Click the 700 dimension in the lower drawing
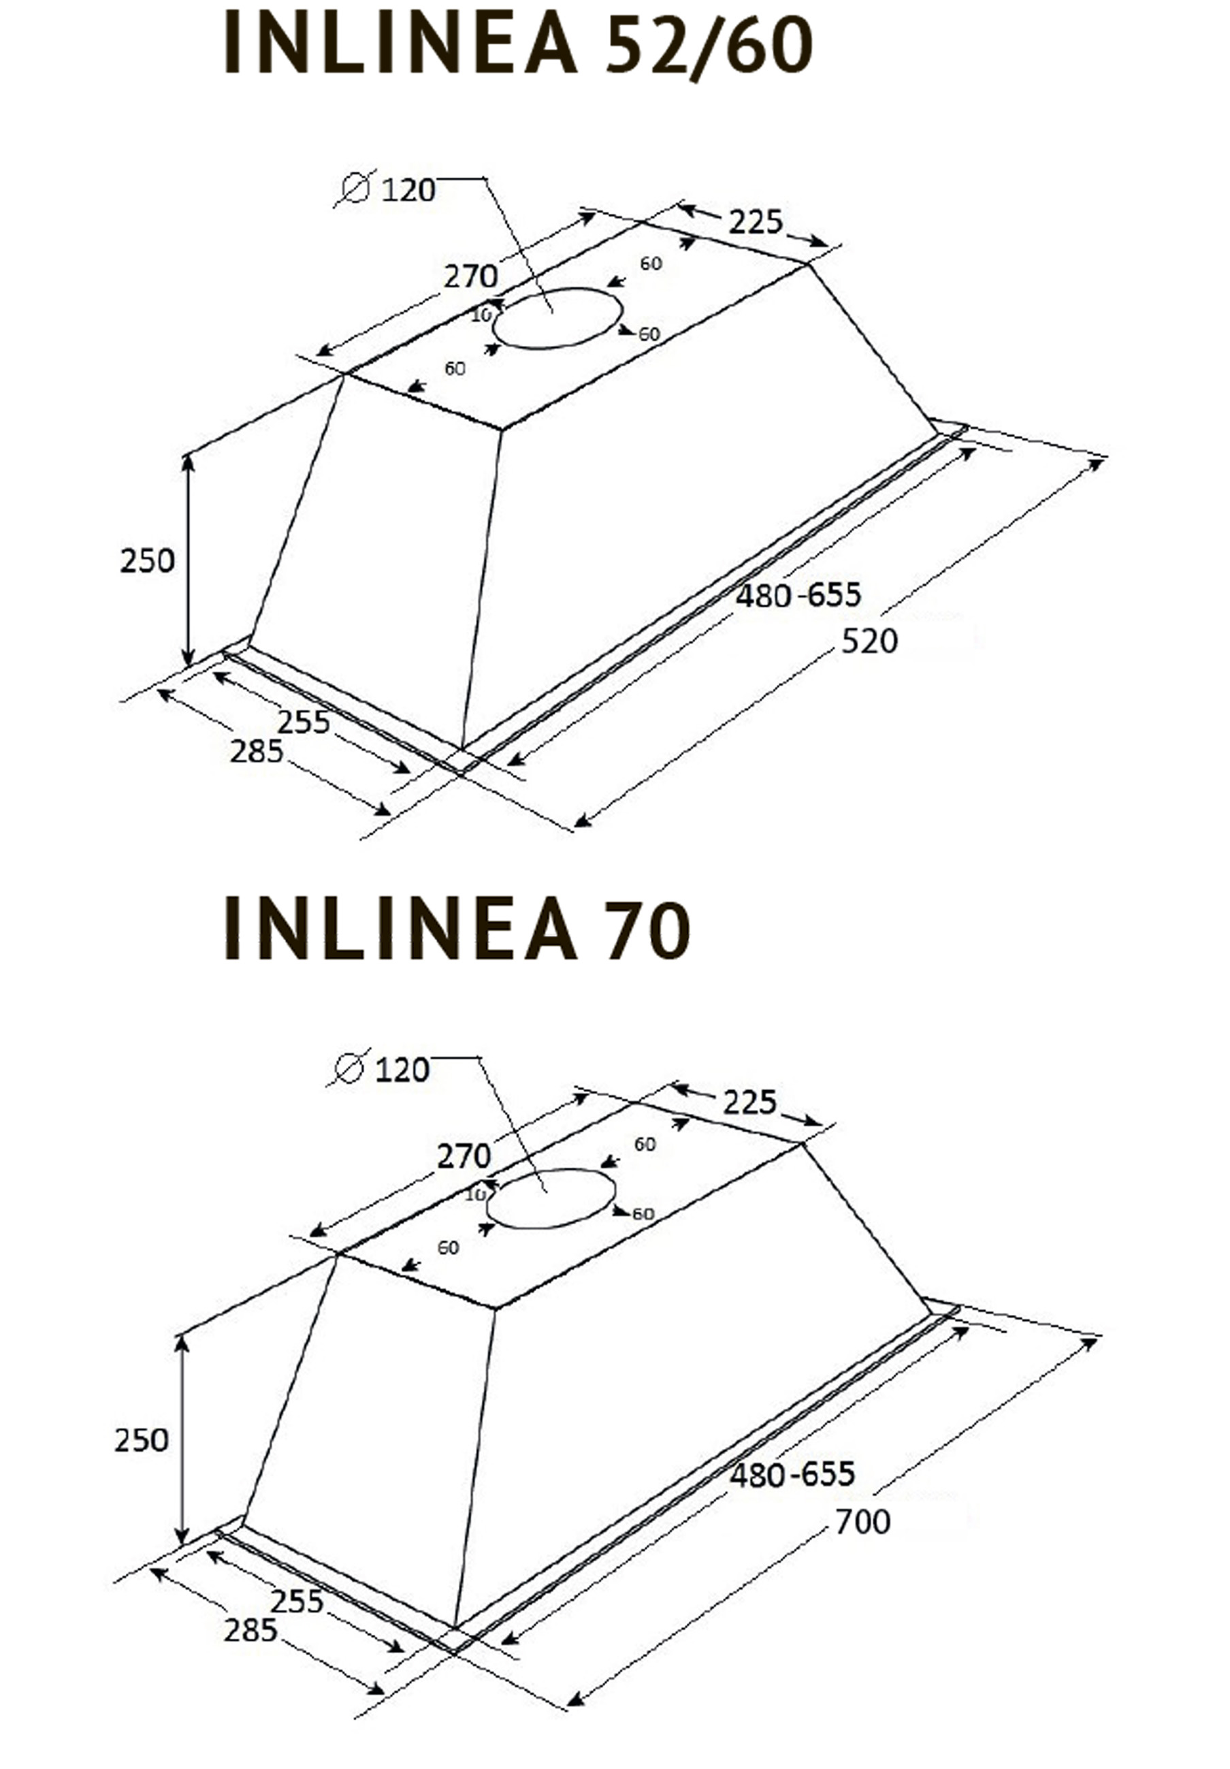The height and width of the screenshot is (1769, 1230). [862, 1522]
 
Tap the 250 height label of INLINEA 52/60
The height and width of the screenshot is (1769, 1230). [147, 561]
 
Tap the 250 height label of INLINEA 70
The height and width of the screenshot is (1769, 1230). [142, 1441]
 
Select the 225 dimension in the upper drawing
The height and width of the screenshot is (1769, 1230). [756, 223]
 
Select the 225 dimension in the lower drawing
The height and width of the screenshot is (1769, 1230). [749, 1102]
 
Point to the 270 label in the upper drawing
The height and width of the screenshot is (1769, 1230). [470, 276]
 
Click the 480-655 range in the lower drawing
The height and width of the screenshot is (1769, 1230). [792, 1475]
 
